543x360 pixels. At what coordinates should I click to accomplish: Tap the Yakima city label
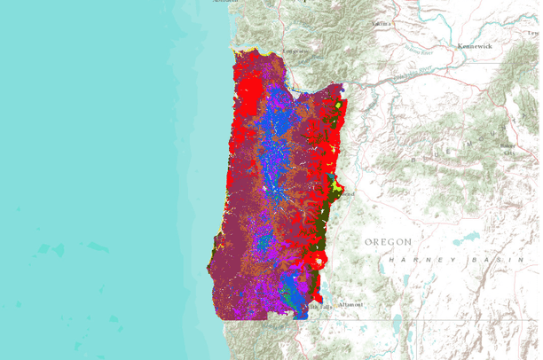[383, 23]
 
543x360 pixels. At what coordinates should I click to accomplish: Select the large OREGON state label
[389, 241]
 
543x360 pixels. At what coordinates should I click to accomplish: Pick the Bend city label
[347, 193]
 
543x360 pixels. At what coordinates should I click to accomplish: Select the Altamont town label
[350, 304]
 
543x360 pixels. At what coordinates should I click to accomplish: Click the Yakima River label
[418, 48]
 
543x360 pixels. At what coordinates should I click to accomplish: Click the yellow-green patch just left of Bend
[334, 188]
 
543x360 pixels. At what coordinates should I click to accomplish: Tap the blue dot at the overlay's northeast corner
[342, 88]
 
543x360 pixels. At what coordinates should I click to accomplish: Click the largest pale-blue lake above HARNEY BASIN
[467, 237]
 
